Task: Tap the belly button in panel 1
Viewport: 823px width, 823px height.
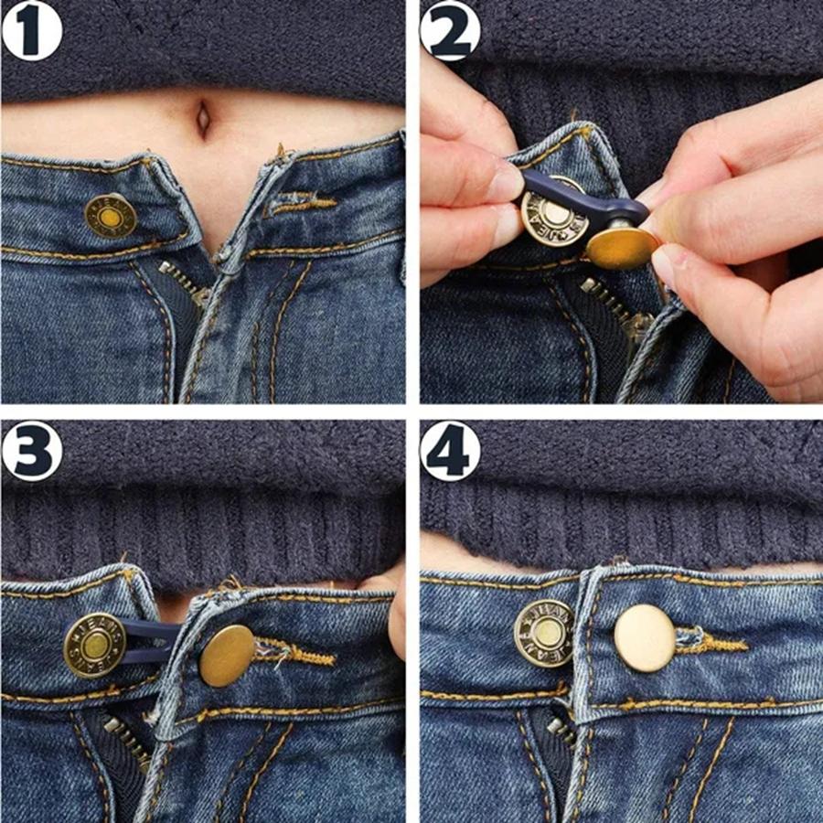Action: pyautogui.click(x=203, y=116)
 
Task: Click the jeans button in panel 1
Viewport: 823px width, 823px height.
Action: pyautogui.click(x=110, y=216)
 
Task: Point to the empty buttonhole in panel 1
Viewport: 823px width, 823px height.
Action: pyautogui.click(x=300, y=202)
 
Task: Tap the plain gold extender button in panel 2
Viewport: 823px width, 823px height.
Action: pyautogui.click(x=623, y=247)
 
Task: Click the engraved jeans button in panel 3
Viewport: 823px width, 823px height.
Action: pyautogui.click(x=93, y=645)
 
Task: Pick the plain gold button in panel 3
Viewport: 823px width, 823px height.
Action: pyautogui.click(x=226, y=656)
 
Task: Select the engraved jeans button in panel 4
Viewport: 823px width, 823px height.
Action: pyautogui.click(x=544, y=633)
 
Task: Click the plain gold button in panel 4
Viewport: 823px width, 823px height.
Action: pyautogui.click(x=644, y=637)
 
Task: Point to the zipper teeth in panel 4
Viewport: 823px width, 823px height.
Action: pyautogui.click(x=561, y=732)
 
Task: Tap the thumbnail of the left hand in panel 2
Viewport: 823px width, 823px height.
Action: pyautogui.click(x=506, y=182)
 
